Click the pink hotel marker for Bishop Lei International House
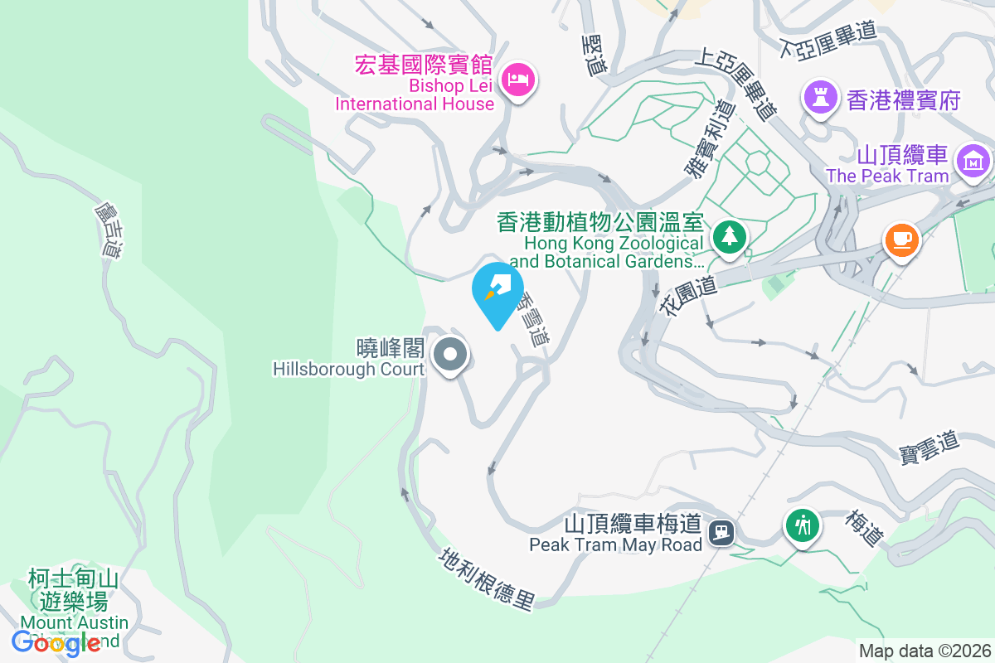click(x=518, y=80)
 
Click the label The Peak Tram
click(x=887, y=176)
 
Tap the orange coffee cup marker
click(x=901, y=240)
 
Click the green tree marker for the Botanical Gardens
click(x=730, y=236)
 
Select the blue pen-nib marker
click(x=498, y=290)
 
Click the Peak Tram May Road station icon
click(x=723, y=530)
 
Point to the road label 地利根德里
click(x=488, y=577)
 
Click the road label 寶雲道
click(x=929, y=447)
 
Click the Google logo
click(x=56, y=642)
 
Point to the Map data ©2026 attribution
click(x=925, y=651)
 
